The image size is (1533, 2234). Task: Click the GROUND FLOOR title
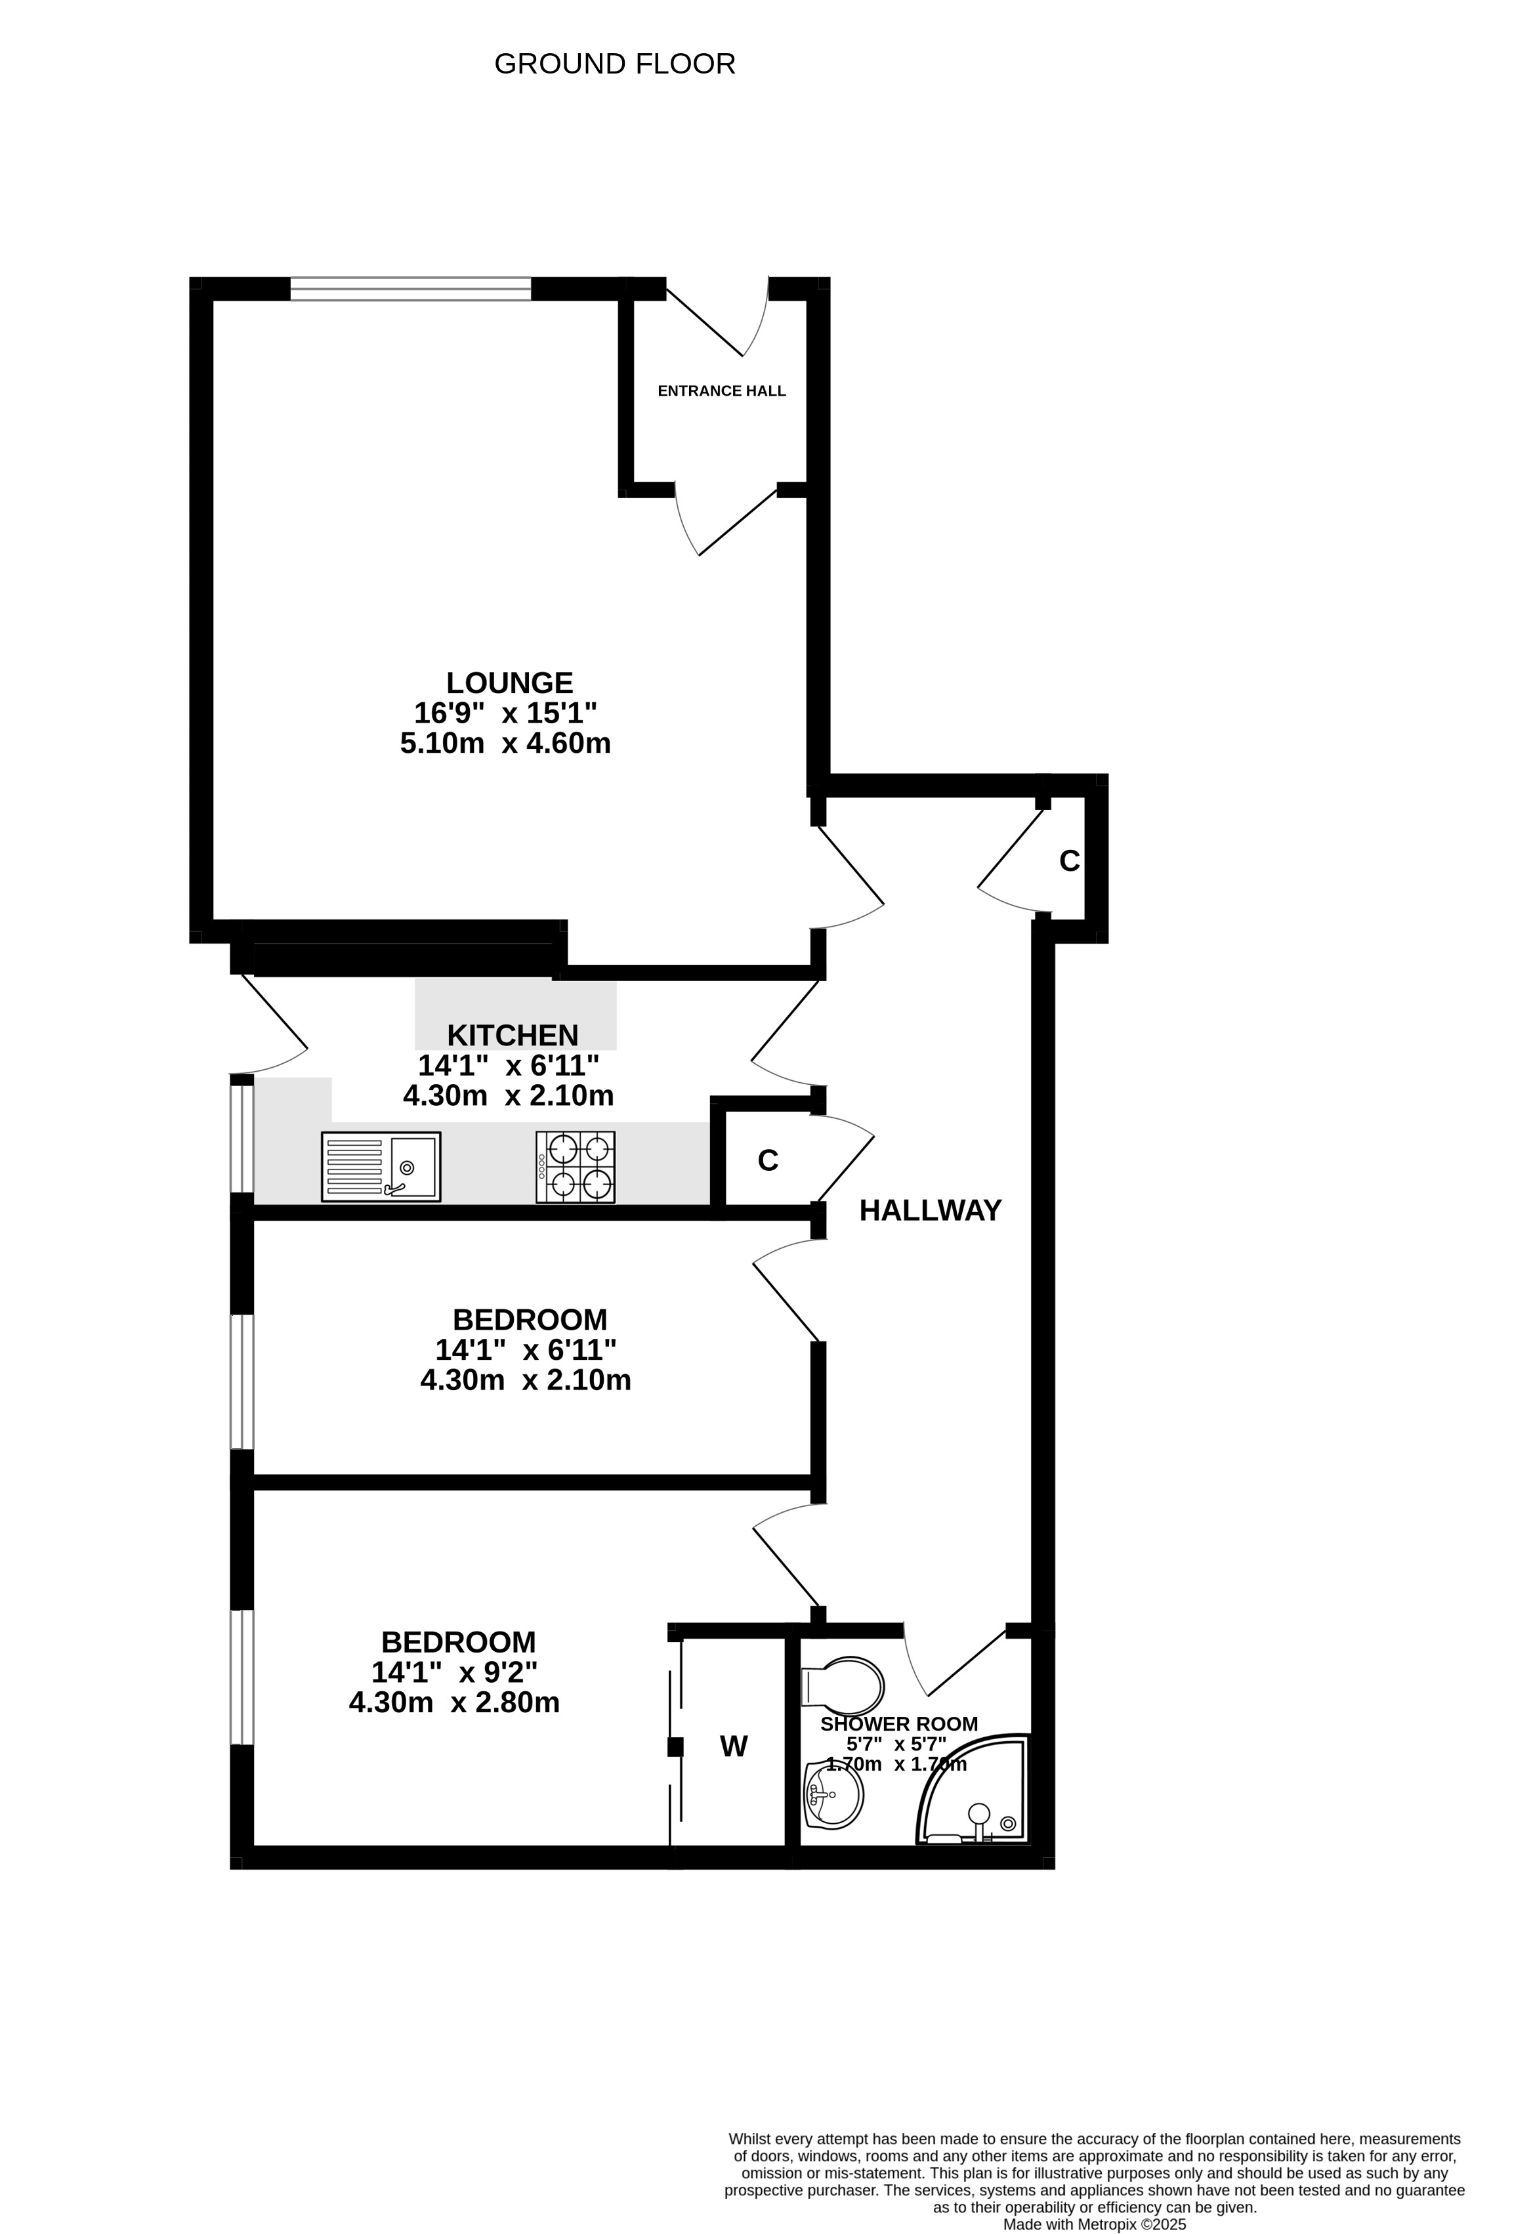point(614,64)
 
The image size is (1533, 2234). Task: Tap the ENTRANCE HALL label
point(722,391)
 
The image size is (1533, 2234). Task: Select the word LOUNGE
point(509,683)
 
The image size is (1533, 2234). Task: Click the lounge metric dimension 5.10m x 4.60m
point(505,743)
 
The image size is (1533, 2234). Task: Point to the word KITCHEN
point(513,1035)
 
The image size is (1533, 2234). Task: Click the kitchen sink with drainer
point(381,1167)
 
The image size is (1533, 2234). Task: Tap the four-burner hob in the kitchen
point(576,1167)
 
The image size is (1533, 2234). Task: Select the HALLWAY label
point(931,1210)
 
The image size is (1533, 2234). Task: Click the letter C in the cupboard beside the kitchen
point(767,1161)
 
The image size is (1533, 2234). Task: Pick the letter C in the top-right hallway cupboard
point(1070,861)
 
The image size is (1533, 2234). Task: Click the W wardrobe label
point(734,1746)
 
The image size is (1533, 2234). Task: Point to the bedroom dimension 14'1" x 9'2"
point(455,1672)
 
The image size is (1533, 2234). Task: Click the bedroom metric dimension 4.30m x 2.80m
point(455,1702)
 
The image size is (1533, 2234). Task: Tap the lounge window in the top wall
point(410,288)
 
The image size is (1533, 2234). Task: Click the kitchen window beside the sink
point(241,1137)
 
